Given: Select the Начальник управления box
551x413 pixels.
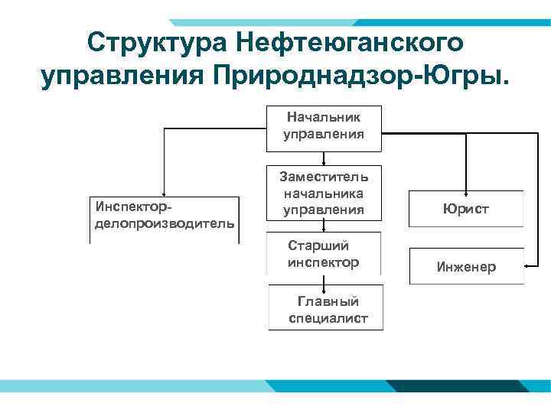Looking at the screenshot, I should pos(324,127).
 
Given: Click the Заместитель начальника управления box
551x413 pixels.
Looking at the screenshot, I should pos(324,193).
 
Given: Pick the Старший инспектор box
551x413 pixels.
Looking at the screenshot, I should pos(324,254).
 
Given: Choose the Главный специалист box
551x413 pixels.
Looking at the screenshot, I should pos(326,308).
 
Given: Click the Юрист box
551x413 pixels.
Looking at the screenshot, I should pos(466,209).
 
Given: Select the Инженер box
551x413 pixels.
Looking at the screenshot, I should pos(466,267).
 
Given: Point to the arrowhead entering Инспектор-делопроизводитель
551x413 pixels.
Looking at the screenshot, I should pos(163,195).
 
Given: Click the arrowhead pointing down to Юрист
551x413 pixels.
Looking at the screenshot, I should pos(466,187).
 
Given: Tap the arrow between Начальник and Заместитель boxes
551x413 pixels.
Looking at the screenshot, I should pos(324,158).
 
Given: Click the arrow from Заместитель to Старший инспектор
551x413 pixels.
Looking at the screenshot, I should pos(324,226).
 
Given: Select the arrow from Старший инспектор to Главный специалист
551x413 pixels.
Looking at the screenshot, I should pos(324,280).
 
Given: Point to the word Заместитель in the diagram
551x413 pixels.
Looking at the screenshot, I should pos(324,177).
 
